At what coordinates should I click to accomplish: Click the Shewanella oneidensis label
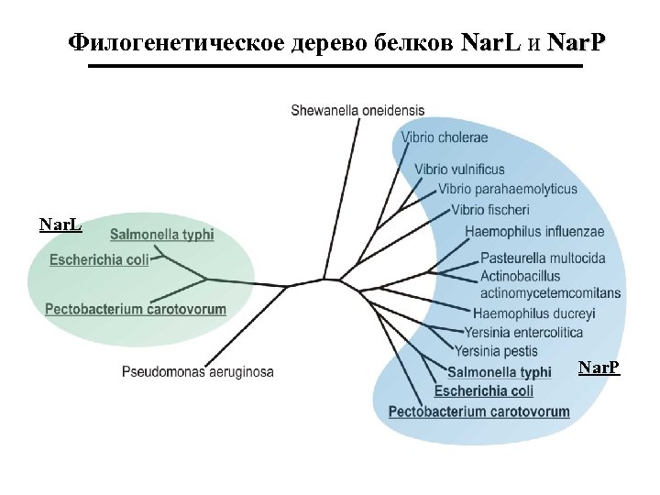click(357, 110)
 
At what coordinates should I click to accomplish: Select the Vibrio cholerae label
click(445, 137)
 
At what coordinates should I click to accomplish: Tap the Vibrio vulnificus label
click(459, 170)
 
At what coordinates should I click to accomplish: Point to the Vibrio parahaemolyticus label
click(508, 189)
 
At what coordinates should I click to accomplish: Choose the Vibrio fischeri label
click(490, 210)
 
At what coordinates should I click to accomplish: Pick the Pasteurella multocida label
click(543, 258)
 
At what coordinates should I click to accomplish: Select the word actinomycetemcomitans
click(550, 293)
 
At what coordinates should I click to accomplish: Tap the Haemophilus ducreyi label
click(533, 313)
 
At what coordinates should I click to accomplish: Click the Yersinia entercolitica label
click(523, 332)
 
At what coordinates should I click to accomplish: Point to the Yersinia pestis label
click(496, 350)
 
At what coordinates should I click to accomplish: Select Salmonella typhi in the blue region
click(500, 372)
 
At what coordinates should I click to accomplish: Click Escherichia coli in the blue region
click(484, 391)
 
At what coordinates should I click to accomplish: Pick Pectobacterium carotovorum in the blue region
click(478, 412)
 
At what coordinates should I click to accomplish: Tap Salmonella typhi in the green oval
click(162, 235)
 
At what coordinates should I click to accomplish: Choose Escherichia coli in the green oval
click(99, 260)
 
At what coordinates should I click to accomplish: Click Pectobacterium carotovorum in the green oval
click(136, 309)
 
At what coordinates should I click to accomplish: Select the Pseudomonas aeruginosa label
click(198, 372)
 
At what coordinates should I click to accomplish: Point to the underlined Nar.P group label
click(599, 368)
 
